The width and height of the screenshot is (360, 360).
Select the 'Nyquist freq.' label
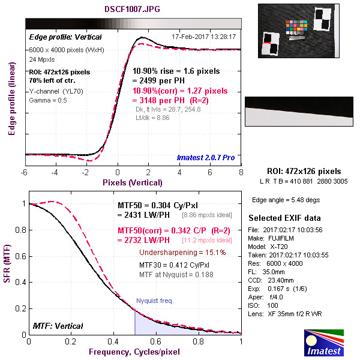pyautogui.click(x=155, y=300)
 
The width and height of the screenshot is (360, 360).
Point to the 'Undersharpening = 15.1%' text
pyautogui.click(x=182, y=253)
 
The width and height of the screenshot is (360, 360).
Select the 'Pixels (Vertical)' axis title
pyautogui.click(x=133, y=182)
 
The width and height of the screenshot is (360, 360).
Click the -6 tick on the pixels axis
pyautogui.click(x=25, y=172)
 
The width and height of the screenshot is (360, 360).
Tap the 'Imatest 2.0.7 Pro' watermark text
pyautogui.click(x=206, y=158)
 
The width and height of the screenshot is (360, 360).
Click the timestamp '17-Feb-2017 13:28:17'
pyautogui.click(x=203, y=37)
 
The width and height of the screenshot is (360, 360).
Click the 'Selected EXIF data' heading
pyautogui.click(x=284, y=217)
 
